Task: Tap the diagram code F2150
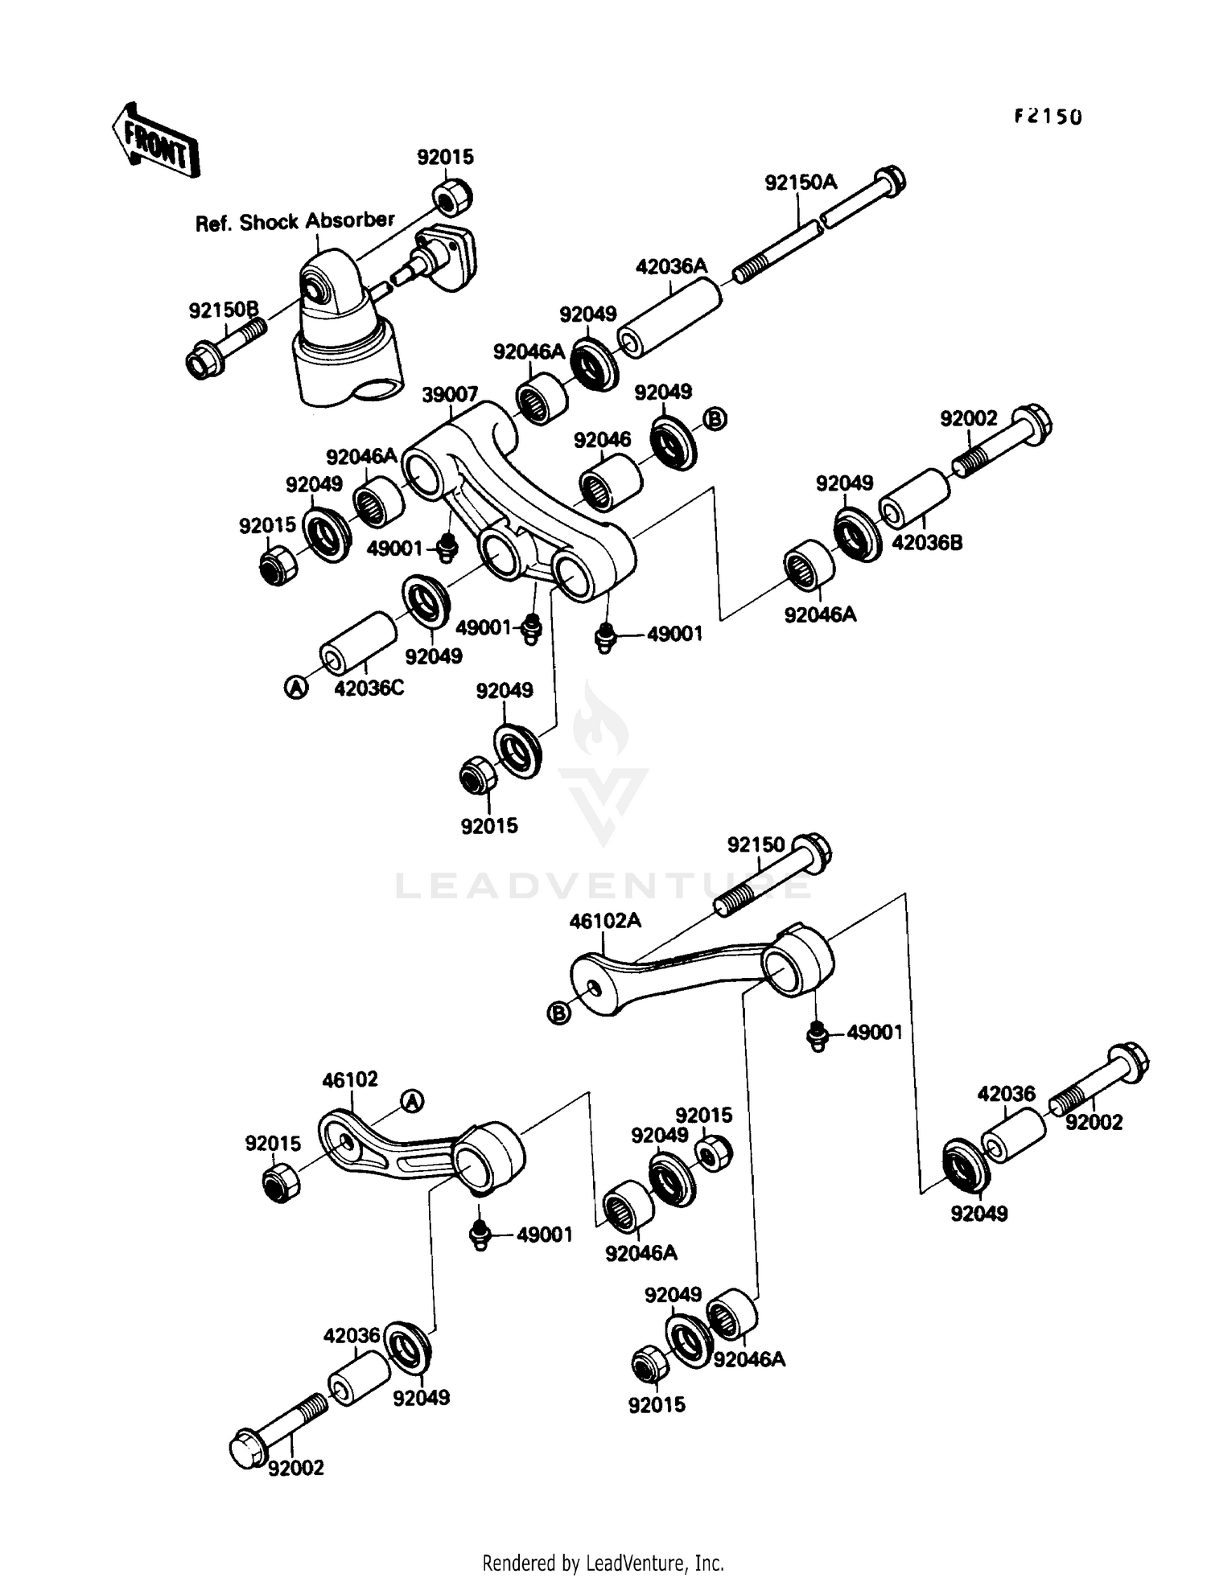coord(1047,117)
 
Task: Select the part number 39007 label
coord(450,394)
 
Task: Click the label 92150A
coord(800,183)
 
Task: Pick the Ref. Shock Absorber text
coord(295,221)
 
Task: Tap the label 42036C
coord(369,688)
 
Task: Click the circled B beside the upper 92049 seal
coord(715,418)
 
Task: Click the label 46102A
coord(605,920)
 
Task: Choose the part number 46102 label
coord(350,1079)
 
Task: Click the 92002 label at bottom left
coord(295,1468)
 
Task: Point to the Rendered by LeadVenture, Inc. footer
coord(603,1563)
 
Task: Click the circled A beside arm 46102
coord(412,1101)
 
